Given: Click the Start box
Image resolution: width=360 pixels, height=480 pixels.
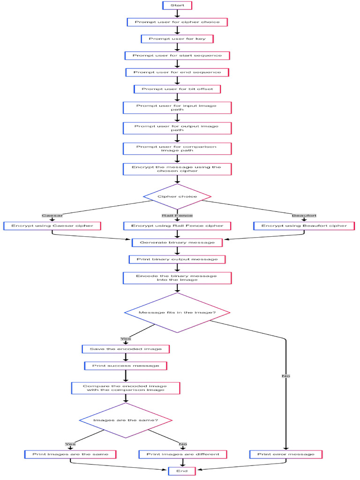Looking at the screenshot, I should coord(177,5).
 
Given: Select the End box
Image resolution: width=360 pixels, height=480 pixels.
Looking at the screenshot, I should coord(182,471).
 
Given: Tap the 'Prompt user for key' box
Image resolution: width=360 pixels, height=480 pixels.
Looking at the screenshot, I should coord(177,39).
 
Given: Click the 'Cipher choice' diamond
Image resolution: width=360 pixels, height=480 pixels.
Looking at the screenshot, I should coord(177,196).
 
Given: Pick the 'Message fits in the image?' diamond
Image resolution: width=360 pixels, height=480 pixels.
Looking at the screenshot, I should coord(177,312).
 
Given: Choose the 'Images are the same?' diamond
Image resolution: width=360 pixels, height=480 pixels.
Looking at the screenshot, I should coord(126,420).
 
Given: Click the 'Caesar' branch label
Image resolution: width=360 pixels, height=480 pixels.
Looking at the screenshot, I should coord(52,216).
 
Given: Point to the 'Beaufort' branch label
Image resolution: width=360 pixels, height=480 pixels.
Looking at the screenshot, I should coord(304,216).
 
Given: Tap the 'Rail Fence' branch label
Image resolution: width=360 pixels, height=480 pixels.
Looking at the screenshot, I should coord(177,216).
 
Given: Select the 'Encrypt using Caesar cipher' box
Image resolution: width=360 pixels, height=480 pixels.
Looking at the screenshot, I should coord(52,226).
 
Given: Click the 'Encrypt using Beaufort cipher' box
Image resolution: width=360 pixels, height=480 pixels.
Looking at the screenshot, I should coord(304,226).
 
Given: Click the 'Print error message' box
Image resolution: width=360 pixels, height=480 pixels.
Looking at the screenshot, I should coord(285,454).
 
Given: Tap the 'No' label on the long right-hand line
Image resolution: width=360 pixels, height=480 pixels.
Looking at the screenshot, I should coord(285,376).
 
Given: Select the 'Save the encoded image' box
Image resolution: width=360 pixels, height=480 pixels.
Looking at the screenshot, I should coord(126,349).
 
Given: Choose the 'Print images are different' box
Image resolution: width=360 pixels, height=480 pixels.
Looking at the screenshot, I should coord(183,454).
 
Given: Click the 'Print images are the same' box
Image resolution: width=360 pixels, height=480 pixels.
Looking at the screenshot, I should coord(70,454).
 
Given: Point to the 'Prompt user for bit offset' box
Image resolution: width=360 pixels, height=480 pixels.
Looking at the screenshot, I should coord(177,89).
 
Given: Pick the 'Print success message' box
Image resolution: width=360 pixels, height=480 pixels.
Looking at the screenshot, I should coord(126,366).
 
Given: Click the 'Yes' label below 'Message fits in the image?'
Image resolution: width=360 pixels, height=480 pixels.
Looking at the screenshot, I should coord(126,338).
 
